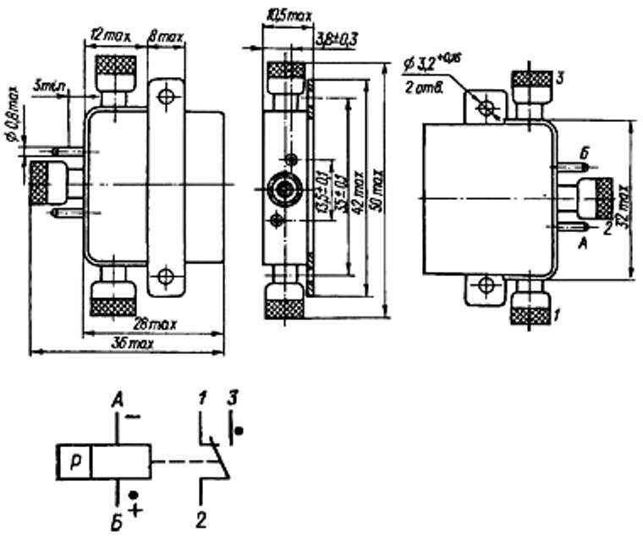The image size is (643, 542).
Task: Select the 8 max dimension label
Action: point(166,38)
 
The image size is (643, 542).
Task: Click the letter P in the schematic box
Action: point(74,460)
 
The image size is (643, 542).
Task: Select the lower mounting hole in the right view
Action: point(485,285)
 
